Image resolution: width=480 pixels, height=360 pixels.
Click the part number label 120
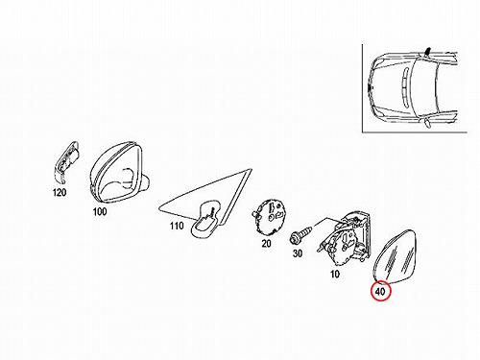(x=60, y=192)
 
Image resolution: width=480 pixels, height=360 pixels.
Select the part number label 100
(x=100, y=211)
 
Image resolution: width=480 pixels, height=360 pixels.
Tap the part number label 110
(x=177, y=226)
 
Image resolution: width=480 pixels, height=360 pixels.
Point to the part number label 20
(x=266, y=244)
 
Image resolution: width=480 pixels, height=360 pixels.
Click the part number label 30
(x=298, y=253)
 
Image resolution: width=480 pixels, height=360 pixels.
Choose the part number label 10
(x=335, y=275)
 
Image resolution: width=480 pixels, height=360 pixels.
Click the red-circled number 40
(x=380, y=292)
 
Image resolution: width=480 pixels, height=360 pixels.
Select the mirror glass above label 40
(x=396, y=256)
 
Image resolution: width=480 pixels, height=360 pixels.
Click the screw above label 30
(x=300, y=234)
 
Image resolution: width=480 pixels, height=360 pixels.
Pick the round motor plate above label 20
(x=269, y=217)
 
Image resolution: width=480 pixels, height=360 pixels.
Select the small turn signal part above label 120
(x=66, y=162)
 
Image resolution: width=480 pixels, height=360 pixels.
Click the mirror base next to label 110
(x=205, y=218)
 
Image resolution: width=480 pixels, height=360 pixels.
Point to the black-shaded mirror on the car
(x=427, y=52)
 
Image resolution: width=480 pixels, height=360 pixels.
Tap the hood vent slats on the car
(x=404, y=87)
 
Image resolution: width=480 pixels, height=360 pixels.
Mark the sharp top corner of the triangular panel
(x=252, y=170)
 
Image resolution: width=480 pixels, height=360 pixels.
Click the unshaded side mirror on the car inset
(x=427, y=123)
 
